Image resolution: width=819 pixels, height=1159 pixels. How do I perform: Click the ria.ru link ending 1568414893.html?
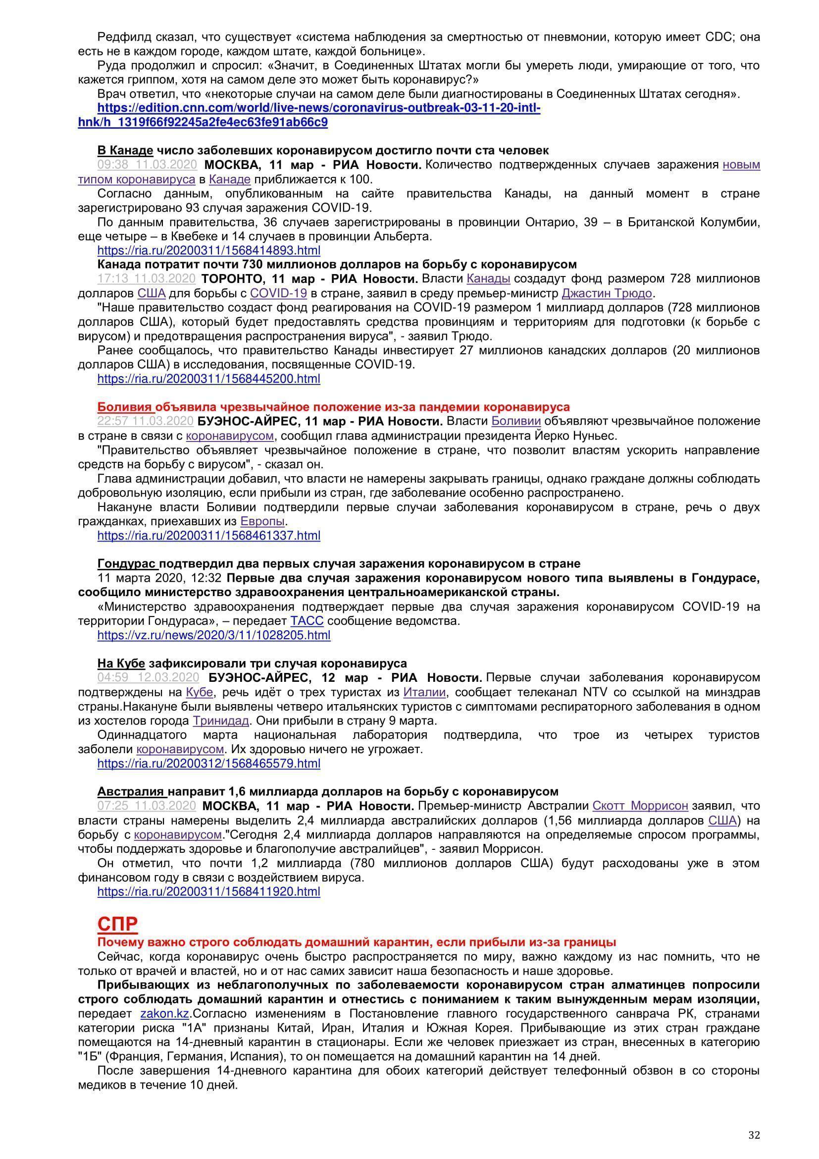209,250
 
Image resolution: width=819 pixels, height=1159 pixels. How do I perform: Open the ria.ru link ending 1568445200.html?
209,379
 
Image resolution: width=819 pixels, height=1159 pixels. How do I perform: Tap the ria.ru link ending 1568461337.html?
209,535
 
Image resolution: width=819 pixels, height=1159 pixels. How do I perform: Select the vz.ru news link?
214,635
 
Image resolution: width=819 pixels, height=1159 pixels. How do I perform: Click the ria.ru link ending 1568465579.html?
209,763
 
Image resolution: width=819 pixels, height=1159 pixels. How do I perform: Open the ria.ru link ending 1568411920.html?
209,891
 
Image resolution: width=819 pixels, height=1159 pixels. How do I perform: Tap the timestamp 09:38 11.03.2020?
146,165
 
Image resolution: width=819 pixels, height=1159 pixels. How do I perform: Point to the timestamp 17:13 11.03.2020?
146,278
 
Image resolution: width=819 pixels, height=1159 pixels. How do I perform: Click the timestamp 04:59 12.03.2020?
148,677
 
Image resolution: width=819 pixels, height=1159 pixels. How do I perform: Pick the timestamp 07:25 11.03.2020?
146,806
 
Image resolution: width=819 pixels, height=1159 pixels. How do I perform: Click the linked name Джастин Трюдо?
607,293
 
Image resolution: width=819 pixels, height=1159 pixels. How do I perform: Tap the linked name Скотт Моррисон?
640,806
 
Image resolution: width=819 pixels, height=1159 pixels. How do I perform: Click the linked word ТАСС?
307,621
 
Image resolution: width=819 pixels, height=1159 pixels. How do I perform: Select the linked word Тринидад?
220,720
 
